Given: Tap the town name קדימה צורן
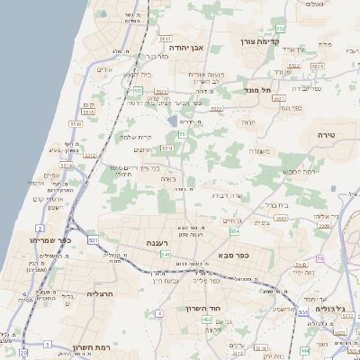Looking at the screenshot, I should coord(262,41).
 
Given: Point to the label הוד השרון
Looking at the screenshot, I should coord(214,308).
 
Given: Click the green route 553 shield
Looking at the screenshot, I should coord(138,90).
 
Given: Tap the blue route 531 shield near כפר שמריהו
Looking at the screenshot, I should coord(93,240).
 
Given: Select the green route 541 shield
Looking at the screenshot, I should coord(165,255).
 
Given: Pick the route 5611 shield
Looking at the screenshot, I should coord(165,40).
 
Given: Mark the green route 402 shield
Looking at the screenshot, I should coord(207,319).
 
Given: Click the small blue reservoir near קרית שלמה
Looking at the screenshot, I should coord(173,120).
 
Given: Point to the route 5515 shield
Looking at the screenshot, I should coord(76,124).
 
